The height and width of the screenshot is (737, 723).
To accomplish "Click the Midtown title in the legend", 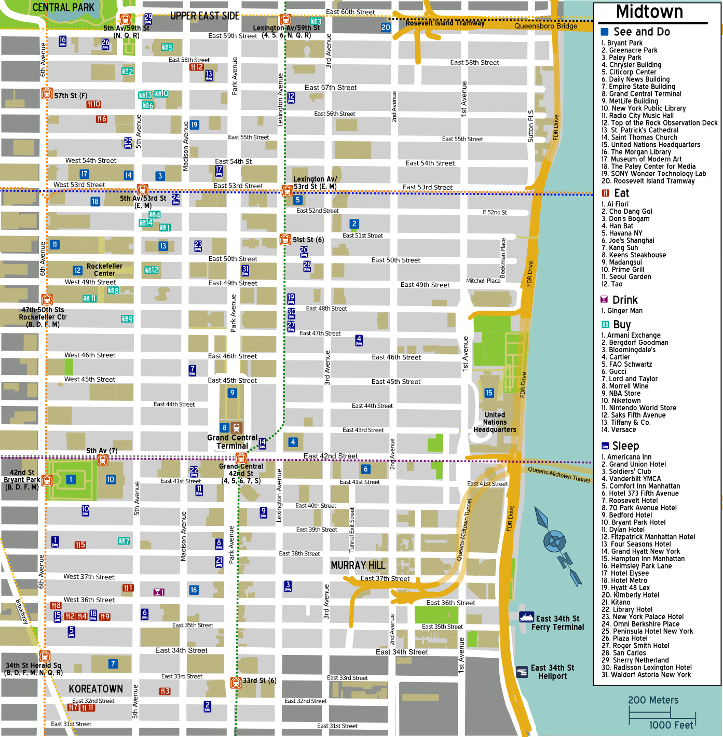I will tap(649, 12).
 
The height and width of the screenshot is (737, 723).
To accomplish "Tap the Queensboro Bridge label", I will tap(545, 26).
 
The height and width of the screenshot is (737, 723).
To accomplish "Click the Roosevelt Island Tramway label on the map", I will tap(445, 23).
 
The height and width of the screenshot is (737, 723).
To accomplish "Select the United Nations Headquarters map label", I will tap(495, 422).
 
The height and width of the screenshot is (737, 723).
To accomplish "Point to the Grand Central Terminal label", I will tap(232, 442).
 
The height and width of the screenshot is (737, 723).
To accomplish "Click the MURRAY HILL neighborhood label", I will tap(358, 565).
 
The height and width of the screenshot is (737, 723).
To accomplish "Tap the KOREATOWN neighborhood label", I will tap(96, 689).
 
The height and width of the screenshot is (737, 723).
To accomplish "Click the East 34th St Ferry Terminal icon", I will tap(526, 617).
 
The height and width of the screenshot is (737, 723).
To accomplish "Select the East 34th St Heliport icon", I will tap(522, 672).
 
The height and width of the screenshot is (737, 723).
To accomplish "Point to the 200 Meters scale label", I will tap(653, 700).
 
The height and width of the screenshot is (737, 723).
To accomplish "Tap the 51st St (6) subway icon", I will tap(285, 240).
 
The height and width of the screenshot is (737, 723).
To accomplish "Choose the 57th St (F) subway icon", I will tap(47, 94).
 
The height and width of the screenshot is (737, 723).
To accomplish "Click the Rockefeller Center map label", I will tap(104, 270).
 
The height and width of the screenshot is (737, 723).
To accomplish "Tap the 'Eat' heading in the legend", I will tap(621, 193).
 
